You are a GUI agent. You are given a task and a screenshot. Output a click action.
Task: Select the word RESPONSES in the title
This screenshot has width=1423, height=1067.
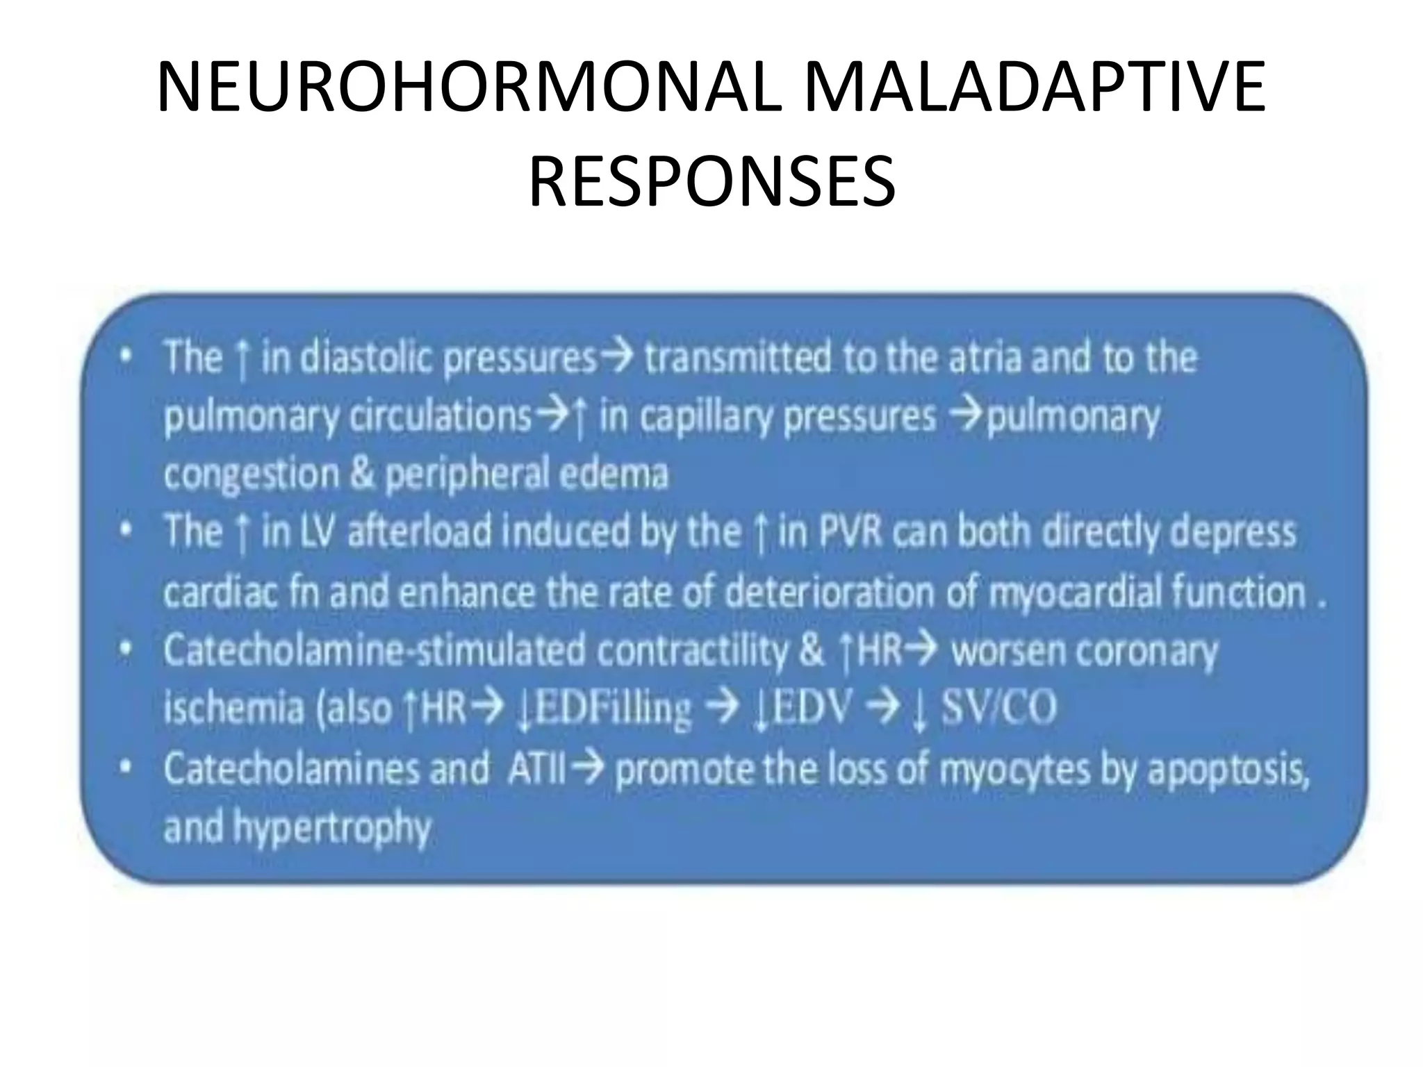[x=711, y=182]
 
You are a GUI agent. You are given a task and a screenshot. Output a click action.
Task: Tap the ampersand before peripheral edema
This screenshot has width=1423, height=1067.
[x=362, y=474]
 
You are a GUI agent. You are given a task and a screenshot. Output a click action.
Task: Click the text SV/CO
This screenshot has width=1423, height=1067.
[x=998, y=709]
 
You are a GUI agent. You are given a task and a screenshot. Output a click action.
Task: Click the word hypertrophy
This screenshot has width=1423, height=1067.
[x=332, y=828]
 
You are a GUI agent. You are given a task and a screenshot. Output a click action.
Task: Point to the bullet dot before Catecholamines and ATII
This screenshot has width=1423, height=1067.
[x=125, y=769]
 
